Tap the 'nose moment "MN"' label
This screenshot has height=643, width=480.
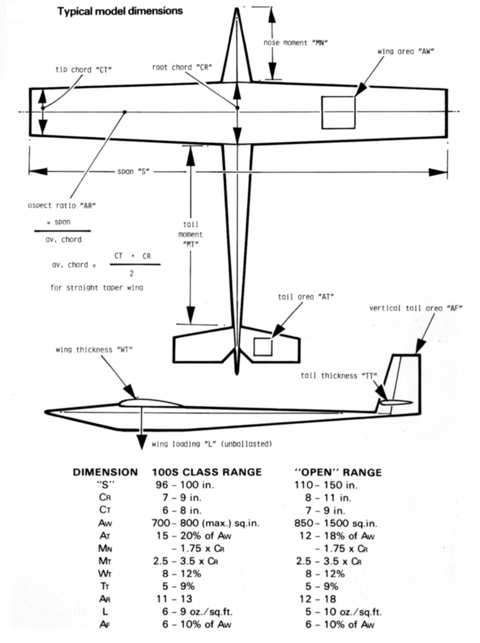point(295,43)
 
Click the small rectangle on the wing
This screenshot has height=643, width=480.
point(338,112)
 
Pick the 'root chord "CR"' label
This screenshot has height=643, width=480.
point(182,66)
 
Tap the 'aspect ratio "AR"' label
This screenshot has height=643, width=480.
point(62,205)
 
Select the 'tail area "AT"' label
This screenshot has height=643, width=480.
point(306,297)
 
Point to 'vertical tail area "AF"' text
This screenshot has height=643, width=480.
point(416,308)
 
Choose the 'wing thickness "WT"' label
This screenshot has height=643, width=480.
point(94,349)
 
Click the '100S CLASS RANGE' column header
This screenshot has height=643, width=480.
point(207,472)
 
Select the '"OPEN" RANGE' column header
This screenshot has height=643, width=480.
point(337,472)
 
